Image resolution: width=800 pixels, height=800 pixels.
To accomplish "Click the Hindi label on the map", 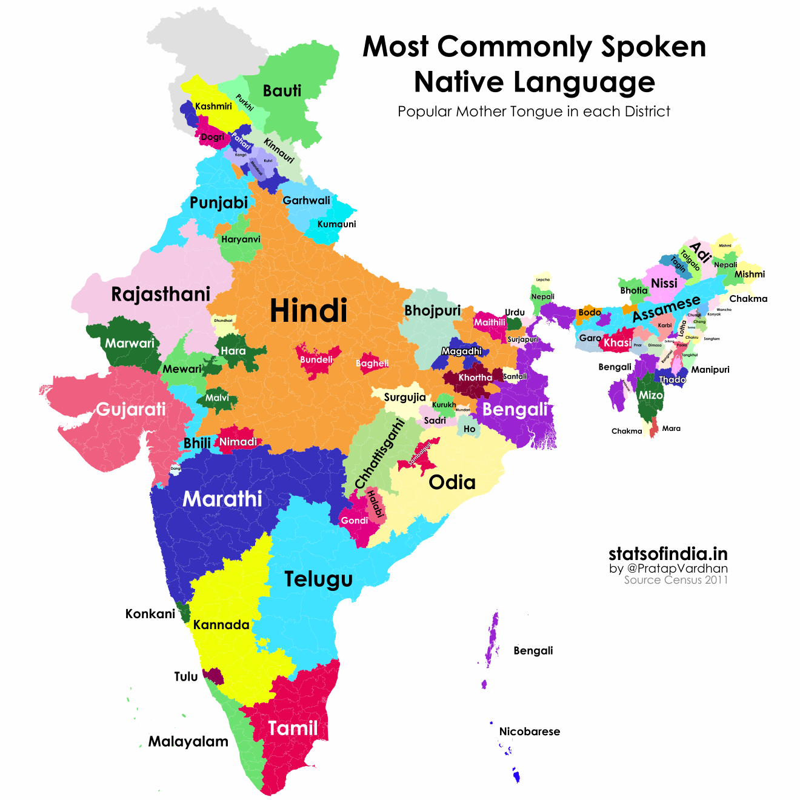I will (x=308, y=311).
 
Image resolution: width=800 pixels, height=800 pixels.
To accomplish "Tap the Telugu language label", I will (x=319, y=579).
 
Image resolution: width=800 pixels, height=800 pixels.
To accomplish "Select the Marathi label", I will (x=222, y=499).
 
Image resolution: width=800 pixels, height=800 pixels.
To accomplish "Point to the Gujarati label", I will (x=131, y=409).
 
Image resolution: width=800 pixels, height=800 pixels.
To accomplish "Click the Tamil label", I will (x=293, y=728).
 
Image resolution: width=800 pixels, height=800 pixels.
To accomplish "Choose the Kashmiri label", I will (x=213, y=106).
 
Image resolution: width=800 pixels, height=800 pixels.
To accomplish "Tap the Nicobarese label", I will (x=529, y=732).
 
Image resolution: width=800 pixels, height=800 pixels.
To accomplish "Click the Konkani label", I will (x=150, y=614).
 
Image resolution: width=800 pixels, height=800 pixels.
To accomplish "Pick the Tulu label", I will (x=186, y=676).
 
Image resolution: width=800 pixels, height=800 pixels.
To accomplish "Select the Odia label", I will (x=452, y=482).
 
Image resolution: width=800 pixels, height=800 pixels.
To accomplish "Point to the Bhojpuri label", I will (x=433, y=311).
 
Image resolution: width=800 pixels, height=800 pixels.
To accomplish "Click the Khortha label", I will (x=475, y=378).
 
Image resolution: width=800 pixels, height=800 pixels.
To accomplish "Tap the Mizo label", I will (x=651, y=395).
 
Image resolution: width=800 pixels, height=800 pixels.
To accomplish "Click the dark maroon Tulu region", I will (x=214, y=676).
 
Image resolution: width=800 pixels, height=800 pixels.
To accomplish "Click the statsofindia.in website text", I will (x=668, y=553).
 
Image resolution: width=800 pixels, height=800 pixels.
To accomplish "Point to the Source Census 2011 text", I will (x=676, y=580).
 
